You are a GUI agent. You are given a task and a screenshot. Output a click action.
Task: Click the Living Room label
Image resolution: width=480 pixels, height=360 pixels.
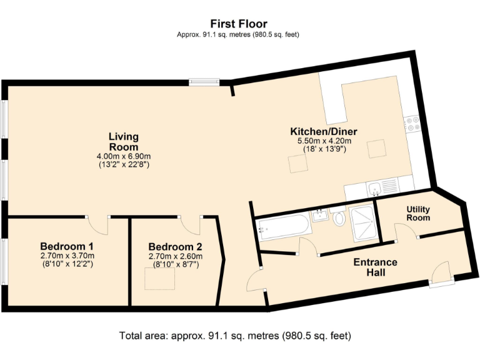123,141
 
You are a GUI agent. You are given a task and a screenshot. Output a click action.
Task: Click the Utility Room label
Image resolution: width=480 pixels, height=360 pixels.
418,213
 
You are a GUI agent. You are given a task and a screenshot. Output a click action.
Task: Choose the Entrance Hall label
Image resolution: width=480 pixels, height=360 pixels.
375,267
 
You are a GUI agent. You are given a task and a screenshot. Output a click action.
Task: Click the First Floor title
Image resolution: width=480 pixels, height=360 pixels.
239,24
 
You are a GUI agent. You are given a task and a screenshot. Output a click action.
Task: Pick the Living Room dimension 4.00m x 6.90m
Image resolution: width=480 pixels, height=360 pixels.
123,156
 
